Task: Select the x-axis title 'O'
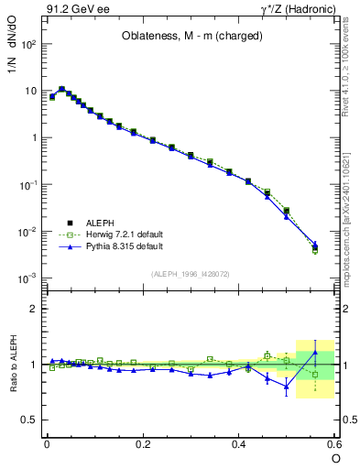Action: point(334,458)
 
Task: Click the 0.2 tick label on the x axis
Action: point(143,444)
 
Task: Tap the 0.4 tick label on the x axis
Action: point(239,444)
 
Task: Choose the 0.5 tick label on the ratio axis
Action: point(27,420)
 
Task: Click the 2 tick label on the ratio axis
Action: point(33,309)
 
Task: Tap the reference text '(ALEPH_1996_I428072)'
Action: point(191,274)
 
